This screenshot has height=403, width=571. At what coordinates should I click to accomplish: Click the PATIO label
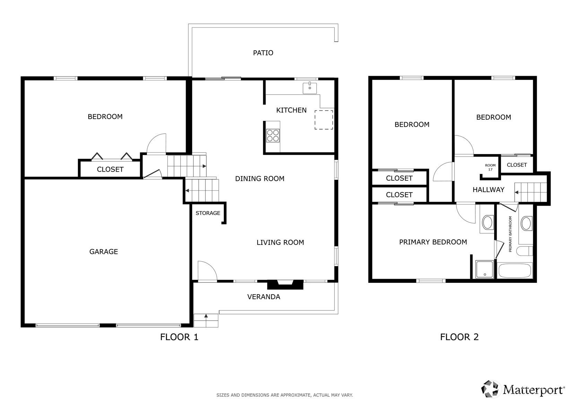pos(263,53)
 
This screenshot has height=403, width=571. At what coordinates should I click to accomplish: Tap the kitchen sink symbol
pos(310,88)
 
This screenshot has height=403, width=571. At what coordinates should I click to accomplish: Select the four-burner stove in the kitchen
pos(272,136)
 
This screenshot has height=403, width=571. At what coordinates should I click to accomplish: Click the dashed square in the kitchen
pos(324,120)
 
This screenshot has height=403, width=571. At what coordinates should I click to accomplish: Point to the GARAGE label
pos(104,252)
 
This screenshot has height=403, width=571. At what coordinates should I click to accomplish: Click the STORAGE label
pos(208,213)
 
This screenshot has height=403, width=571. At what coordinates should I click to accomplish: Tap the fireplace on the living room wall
pos(285,284)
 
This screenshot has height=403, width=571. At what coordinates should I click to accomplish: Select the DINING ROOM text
pos(260,179)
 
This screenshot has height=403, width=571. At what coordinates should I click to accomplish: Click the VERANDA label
pos(263,297)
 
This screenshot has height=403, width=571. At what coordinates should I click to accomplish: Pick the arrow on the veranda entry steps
pos(206,316)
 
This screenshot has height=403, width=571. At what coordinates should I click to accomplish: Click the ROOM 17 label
pos(490,167)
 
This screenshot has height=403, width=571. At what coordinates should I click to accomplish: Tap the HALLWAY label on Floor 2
pos(488,190)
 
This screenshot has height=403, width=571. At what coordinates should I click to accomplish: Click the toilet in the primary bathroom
pos(525,251)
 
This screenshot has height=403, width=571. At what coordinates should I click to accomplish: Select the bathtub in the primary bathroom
pos(515,271)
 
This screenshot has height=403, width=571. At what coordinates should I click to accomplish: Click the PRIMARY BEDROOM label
pos(433,242)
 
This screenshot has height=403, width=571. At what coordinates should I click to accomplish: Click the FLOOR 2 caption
pos(459,337)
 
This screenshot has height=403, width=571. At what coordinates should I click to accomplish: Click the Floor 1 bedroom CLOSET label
pos(110,170)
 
